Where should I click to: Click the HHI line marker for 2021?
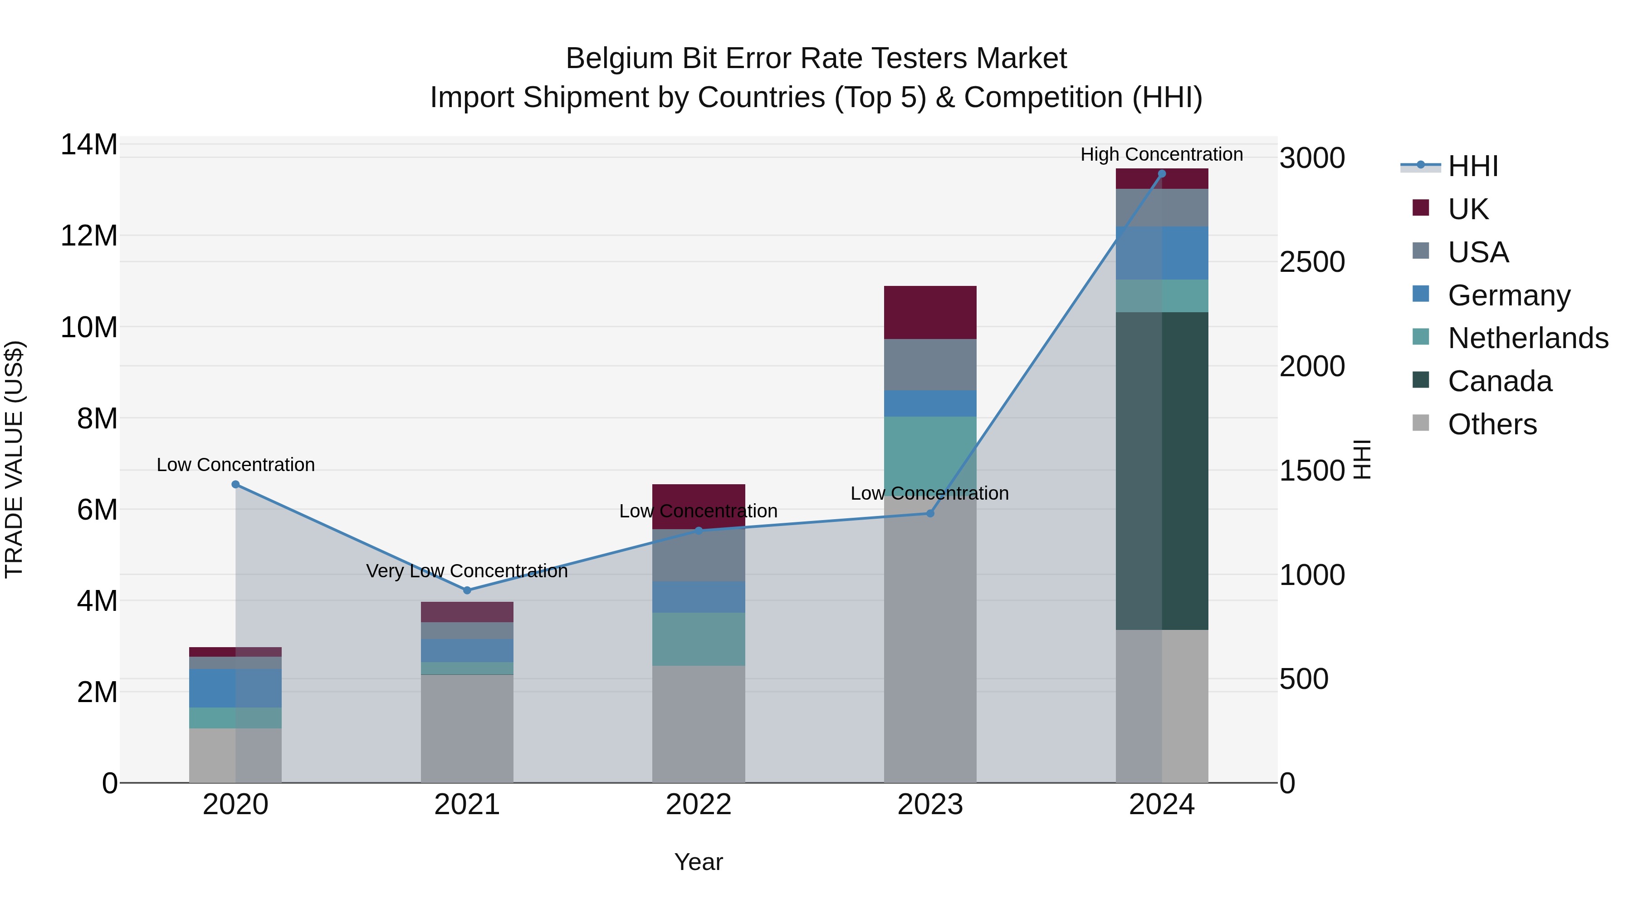467,590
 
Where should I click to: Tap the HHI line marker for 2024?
1161,174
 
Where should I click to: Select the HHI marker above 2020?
235,485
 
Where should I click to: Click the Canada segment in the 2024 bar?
1161,471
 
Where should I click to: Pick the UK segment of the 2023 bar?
930,312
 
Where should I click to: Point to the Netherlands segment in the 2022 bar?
699,639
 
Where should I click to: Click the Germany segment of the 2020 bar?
235,688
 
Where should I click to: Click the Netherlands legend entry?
1527,338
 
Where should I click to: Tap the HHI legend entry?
1472,166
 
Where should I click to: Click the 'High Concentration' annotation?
1161,154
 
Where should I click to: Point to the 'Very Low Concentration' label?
467,571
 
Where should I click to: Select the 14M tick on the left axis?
89,145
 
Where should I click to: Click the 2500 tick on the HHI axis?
1311,262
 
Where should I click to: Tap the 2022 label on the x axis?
699,805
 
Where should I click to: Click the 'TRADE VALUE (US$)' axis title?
15,459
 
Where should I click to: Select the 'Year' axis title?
699,862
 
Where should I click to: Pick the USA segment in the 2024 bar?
1161,207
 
